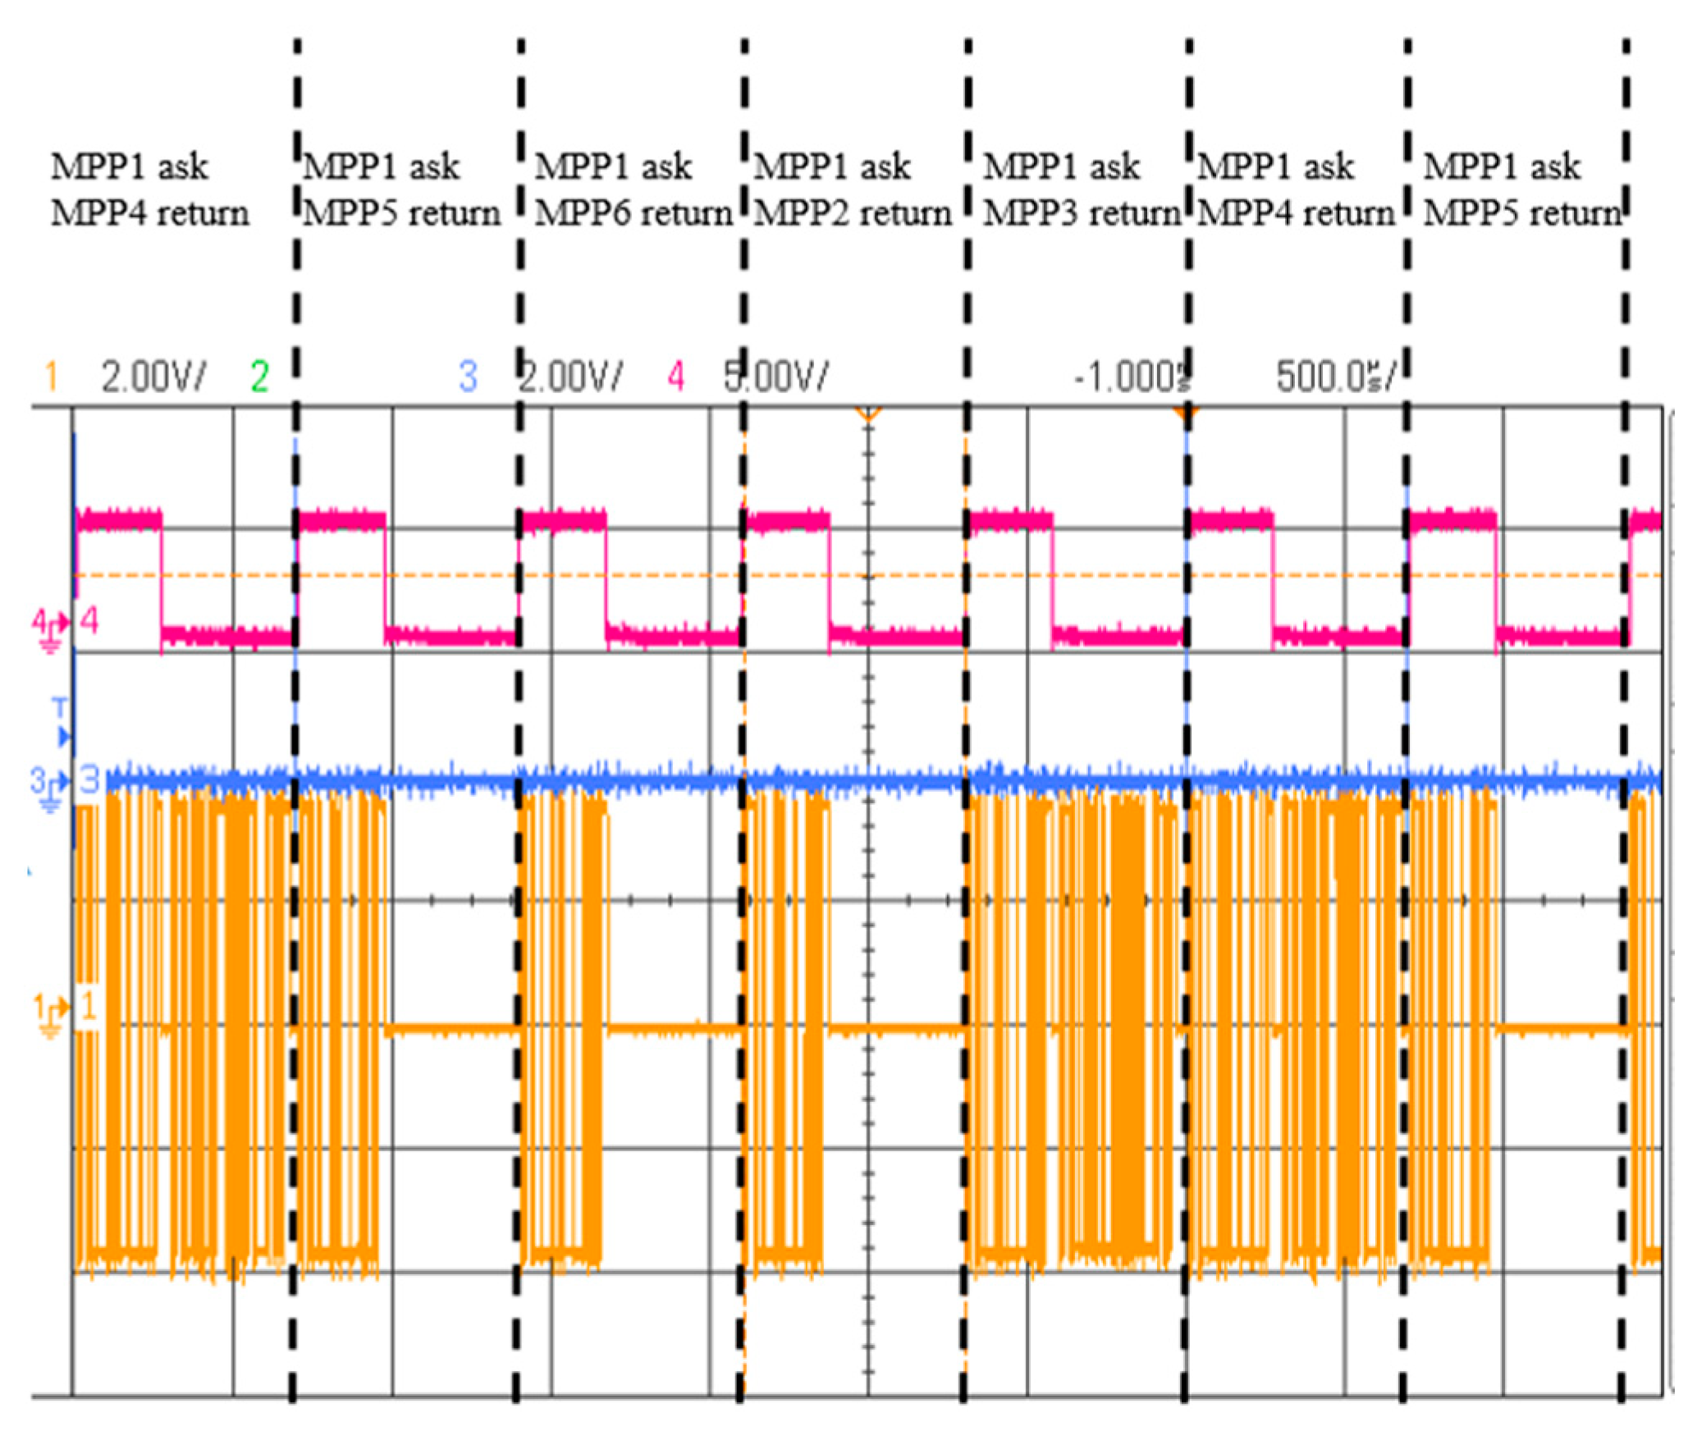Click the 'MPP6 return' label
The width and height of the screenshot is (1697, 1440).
[633, 213]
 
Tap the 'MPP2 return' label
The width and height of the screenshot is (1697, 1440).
[853, 213]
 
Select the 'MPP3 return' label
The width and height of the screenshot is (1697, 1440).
[1082, 213]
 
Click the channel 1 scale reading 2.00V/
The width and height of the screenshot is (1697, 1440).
[153, 377]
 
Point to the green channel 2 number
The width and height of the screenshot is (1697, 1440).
[259, 377]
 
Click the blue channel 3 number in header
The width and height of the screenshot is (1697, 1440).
[468, 377]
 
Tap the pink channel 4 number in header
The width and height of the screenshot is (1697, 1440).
[675, 377]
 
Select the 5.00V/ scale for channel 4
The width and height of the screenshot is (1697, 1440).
[775, 377]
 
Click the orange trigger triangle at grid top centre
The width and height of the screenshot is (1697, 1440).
[867, 414]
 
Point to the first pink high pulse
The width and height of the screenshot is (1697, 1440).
[119, 520]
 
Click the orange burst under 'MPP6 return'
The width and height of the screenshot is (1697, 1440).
[562, 1026]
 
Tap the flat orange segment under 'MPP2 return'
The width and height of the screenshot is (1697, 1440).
[894, 1027]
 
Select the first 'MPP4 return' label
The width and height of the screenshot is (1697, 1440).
[150, 213]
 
